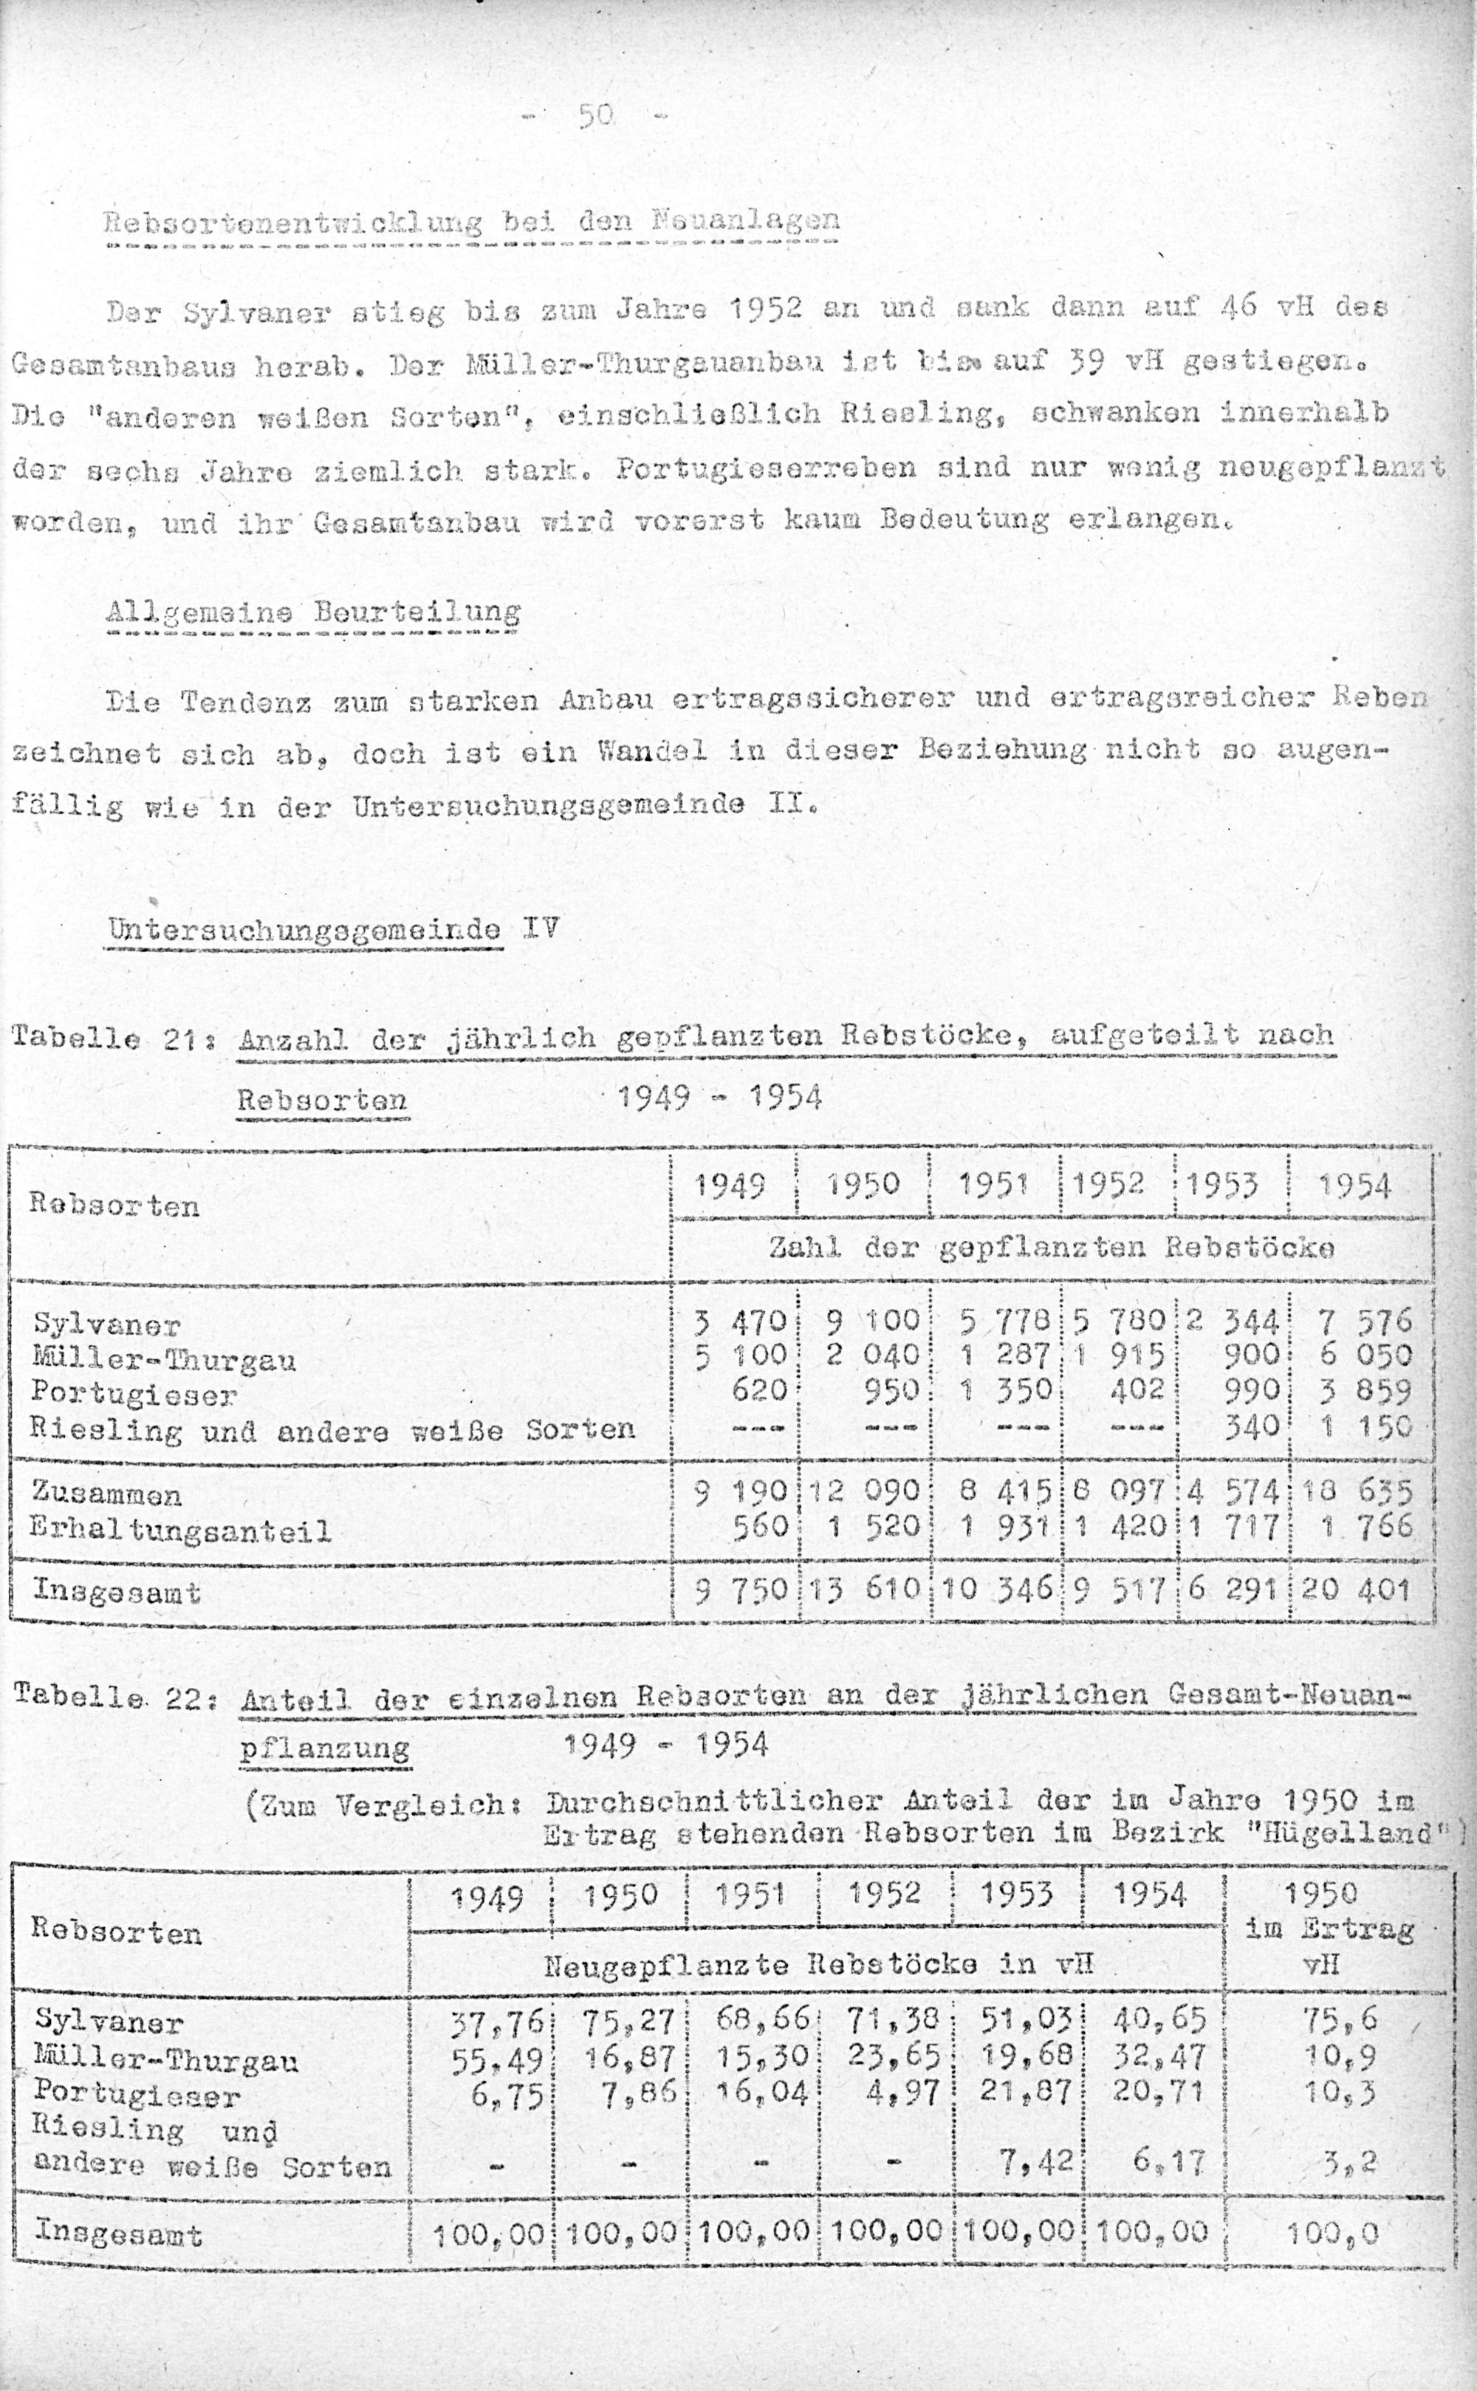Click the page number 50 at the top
coord(595,116)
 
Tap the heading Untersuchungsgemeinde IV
coord(333,928)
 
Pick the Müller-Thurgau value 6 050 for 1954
coord(1364,1355)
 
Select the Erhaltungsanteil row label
coord(182,1529)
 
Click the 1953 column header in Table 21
coord(1231,1186)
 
